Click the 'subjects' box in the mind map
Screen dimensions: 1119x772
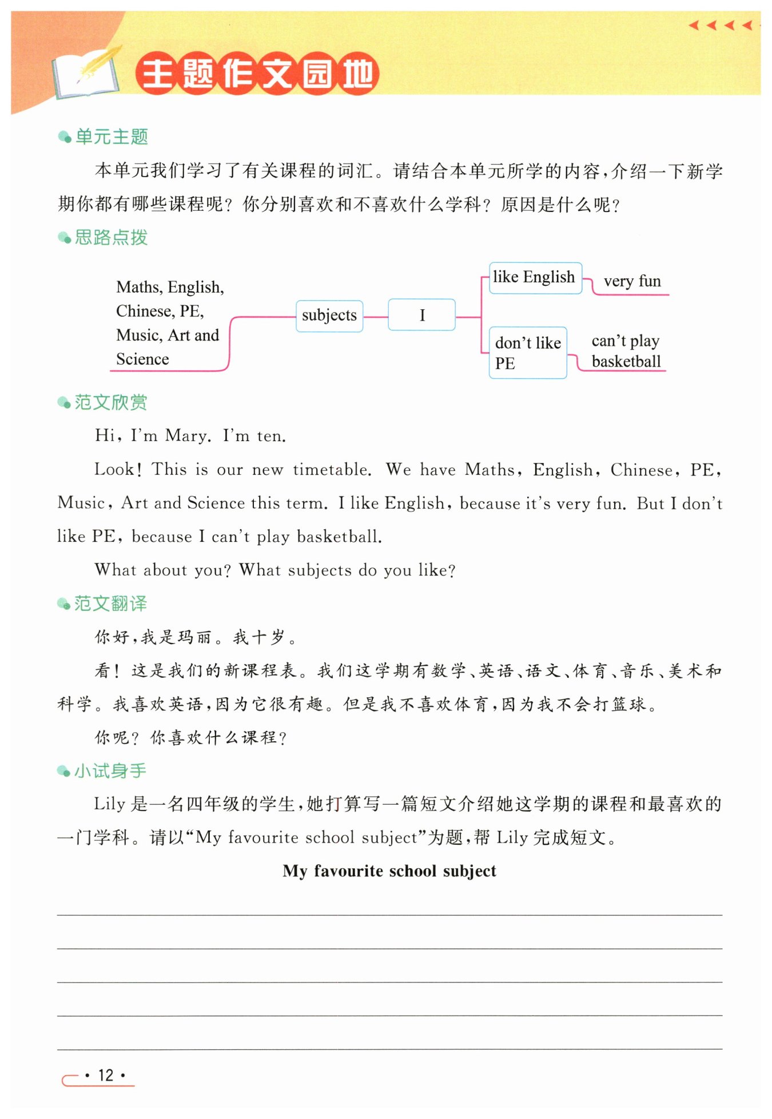click(329, 315)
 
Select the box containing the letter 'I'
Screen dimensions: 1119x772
click(421, 315)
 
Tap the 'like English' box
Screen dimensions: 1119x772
click(535, 278)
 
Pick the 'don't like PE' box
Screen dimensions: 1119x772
click(527, 353)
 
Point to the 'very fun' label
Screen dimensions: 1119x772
click(632, 281)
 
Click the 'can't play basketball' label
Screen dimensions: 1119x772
click(626, 351)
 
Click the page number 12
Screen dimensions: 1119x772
click(106, 1075)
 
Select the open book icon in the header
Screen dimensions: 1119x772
click(86, 74)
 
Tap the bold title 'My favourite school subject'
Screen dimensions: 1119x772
click(389, 870)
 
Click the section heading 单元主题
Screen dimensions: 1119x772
click(112, 137)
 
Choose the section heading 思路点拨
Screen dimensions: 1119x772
click(111, 237)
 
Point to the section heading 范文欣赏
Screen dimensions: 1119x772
click(110, 402)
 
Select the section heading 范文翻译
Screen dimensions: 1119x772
click(110, 604)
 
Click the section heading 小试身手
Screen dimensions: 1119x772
click(110, 771)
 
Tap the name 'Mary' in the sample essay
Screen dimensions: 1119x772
click(185, 436)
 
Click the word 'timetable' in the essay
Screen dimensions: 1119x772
click(332, 470)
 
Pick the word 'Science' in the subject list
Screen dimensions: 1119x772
click(142, 359)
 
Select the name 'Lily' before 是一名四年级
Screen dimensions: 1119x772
click(109, 804)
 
